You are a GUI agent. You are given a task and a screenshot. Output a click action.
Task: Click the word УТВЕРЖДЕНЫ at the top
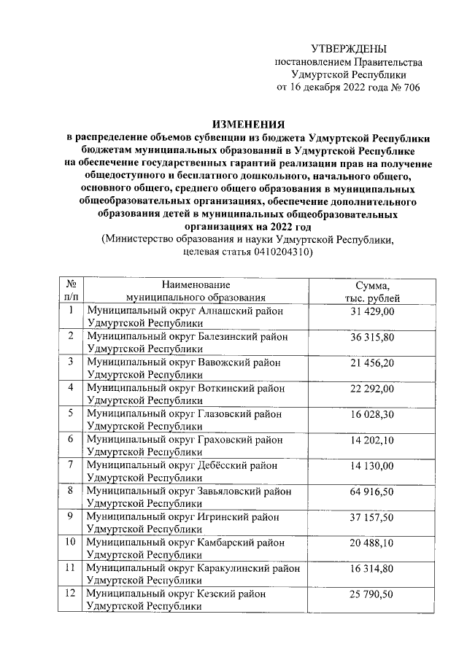click(x=348, y=49)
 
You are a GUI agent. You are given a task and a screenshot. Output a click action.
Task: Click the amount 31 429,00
click(x=372, y=311)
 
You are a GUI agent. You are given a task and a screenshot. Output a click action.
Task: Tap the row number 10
click(x=71, y=543)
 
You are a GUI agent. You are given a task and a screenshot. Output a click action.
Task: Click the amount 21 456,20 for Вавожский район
click(x=372, y=362)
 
